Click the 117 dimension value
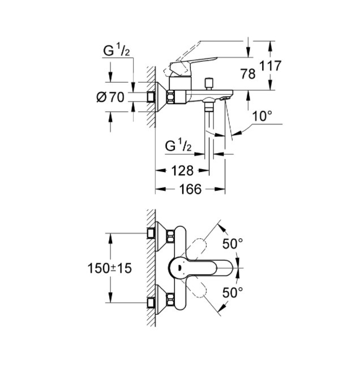[271, 66]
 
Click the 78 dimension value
[248, 74]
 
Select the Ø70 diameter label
[110, 97]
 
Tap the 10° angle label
[262, 116]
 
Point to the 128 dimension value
[182, 171]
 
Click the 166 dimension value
[190, 189]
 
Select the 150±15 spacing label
[109, 268]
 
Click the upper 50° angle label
[233, 244]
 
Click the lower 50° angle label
[233, 293]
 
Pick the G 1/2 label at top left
[117, 50]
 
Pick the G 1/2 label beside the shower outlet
[178, 145]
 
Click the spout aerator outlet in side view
[224, 98]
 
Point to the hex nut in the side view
[170, 97]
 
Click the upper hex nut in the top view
[171, 237]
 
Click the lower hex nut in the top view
[171, 299]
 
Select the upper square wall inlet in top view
[151, 234]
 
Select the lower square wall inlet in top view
[151, 303]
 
